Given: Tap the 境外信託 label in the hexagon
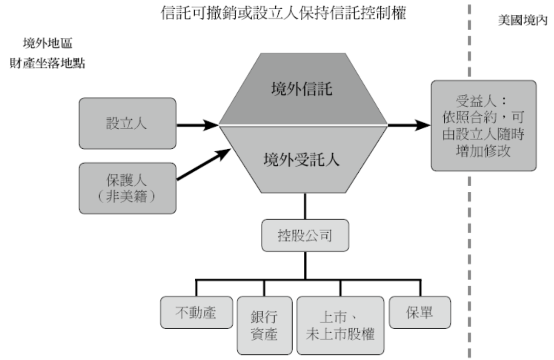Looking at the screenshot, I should tap(302, 90).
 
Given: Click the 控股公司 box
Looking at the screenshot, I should tap(305, 236).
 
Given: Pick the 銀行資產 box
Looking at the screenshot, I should tap(264, 325).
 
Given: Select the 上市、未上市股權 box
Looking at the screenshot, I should tap(340, 325).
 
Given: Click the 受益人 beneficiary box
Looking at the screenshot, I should tap(483, 125).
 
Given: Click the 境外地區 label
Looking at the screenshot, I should tap(48, 43).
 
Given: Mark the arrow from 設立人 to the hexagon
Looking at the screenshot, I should tap(197, 125).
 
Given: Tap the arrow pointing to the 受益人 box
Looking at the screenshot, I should tap(409, 125).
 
